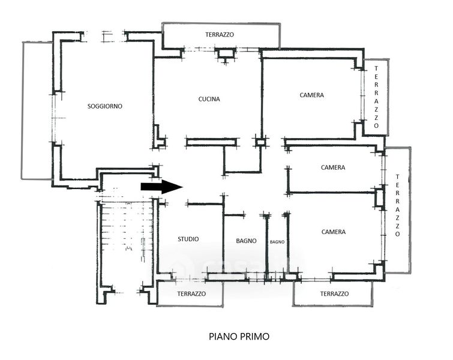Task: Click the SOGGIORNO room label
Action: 105,106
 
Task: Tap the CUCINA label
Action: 209,99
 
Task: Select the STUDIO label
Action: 188,239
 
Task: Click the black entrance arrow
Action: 162,187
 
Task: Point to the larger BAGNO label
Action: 246,241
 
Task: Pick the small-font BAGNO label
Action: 277,242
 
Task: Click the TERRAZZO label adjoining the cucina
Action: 220,35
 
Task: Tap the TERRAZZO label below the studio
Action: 191,294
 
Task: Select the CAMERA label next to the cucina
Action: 312,95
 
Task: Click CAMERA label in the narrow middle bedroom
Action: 333,167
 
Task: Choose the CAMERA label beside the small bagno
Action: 334,232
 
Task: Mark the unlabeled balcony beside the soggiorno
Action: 38,110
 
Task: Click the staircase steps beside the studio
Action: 126,231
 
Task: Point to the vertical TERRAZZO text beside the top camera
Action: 376,97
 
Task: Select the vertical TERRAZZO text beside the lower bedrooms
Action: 397,205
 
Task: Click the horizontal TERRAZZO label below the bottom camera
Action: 335,294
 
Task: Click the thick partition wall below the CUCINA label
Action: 211,142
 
